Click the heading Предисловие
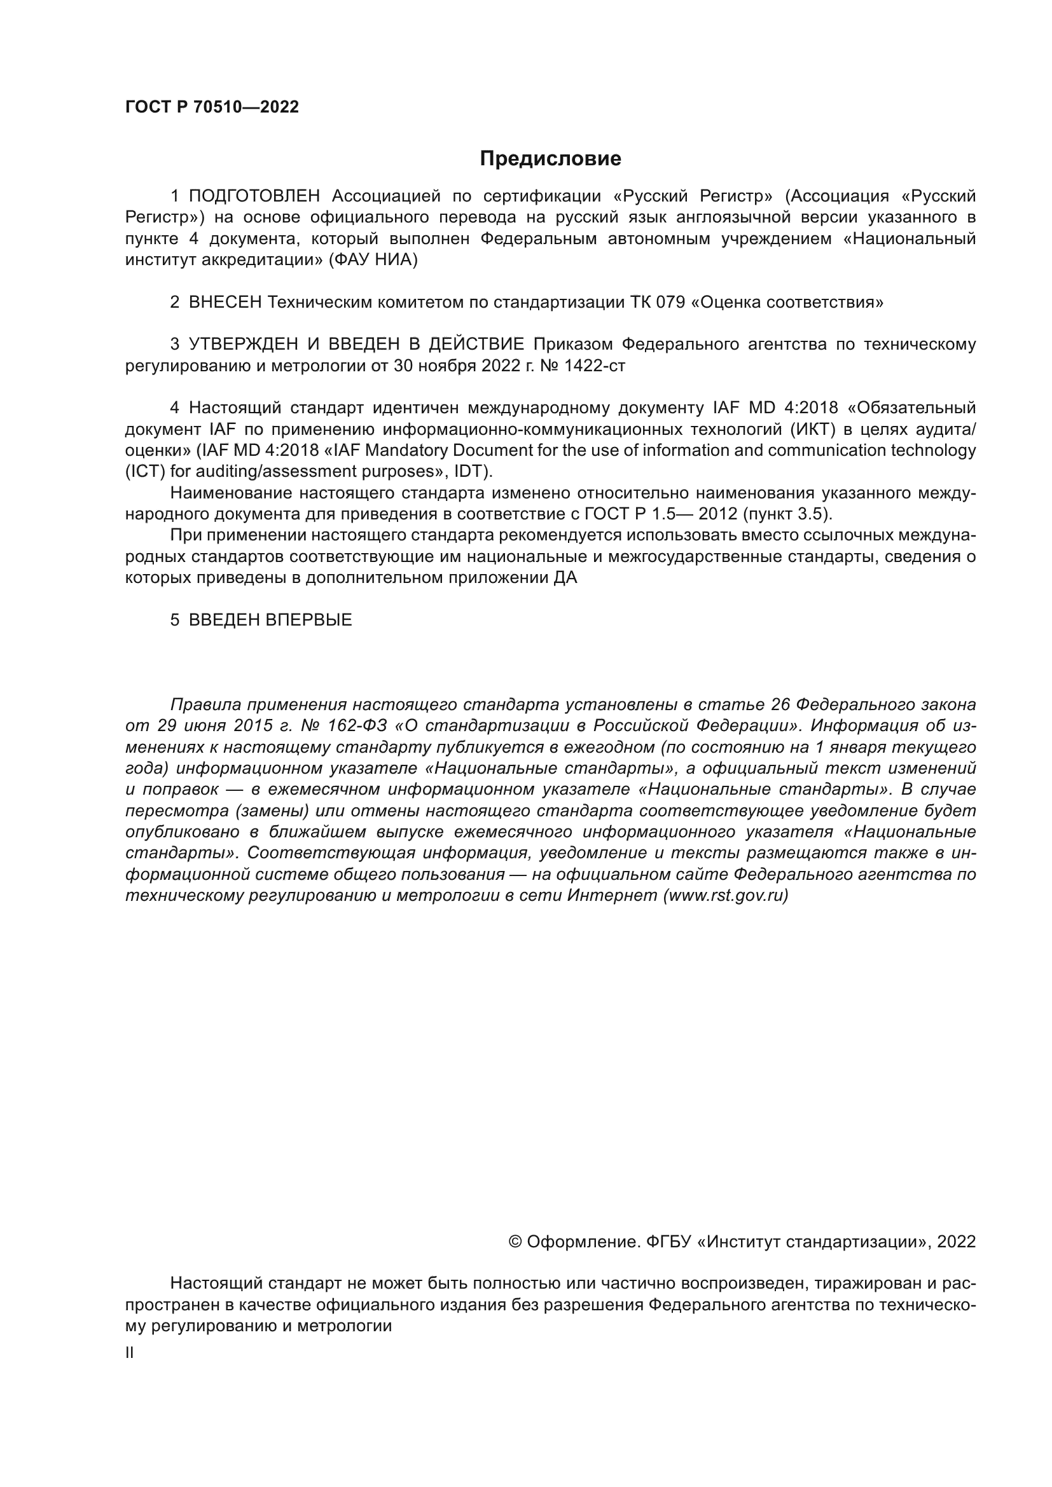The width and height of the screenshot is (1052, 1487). click(550, 159)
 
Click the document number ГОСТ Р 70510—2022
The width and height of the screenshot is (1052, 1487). click(212, 107)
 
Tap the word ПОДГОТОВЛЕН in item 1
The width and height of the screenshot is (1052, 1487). click(254, 196)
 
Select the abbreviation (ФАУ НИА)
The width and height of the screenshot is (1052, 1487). click(373, 260)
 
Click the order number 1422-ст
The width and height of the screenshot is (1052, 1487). click(595, 366)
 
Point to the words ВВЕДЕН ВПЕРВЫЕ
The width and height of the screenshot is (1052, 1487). click(270, 620)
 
